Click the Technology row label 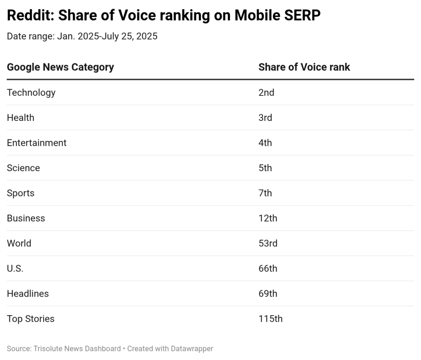click(x=31, y=93)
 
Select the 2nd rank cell click(x=266, y=93)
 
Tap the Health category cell click(x=21, y=118)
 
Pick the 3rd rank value click(x=266, y=118)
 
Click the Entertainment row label click(x=37, y=143)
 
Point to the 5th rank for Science click(x=265, y=168)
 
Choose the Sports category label click(x=21, y=193)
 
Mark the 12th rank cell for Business click(x=268, y=218)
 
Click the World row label click(x=19, y=243)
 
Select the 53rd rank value click(x=268, y=243)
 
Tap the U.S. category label click(x=15, y=268)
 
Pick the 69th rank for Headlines click(x=268, y=293)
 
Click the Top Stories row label click(x=31, y=319)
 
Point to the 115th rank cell click(x=271, y=319)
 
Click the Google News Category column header click(x=60, y=67)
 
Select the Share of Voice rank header click(x=304, y=67)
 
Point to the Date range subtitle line click(x=82, y=36)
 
